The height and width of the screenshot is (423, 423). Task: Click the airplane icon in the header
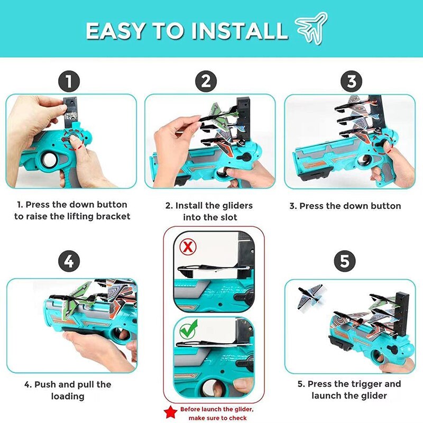click(311, 29)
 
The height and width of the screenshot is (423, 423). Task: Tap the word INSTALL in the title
click(240, 31)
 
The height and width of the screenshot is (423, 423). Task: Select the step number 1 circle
click(69, 81)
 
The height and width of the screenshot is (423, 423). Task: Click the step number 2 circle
click(206, 81)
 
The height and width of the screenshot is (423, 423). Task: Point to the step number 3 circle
click(351, 81)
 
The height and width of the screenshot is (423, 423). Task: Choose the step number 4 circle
click(69, 261)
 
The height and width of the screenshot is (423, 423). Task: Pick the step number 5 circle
click(345, 261)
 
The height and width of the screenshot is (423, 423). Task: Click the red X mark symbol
click(188, 246)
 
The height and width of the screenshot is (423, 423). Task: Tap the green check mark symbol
click(188, 329)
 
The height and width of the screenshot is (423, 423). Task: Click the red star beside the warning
click(170, 412)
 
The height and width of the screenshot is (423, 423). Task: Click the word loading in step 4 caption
click(68, 396)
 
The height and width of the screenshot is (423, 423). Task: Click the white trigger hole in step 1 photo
click(49, 160)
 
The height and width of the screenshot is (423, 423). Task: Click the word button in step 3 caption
click(386, 206)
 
